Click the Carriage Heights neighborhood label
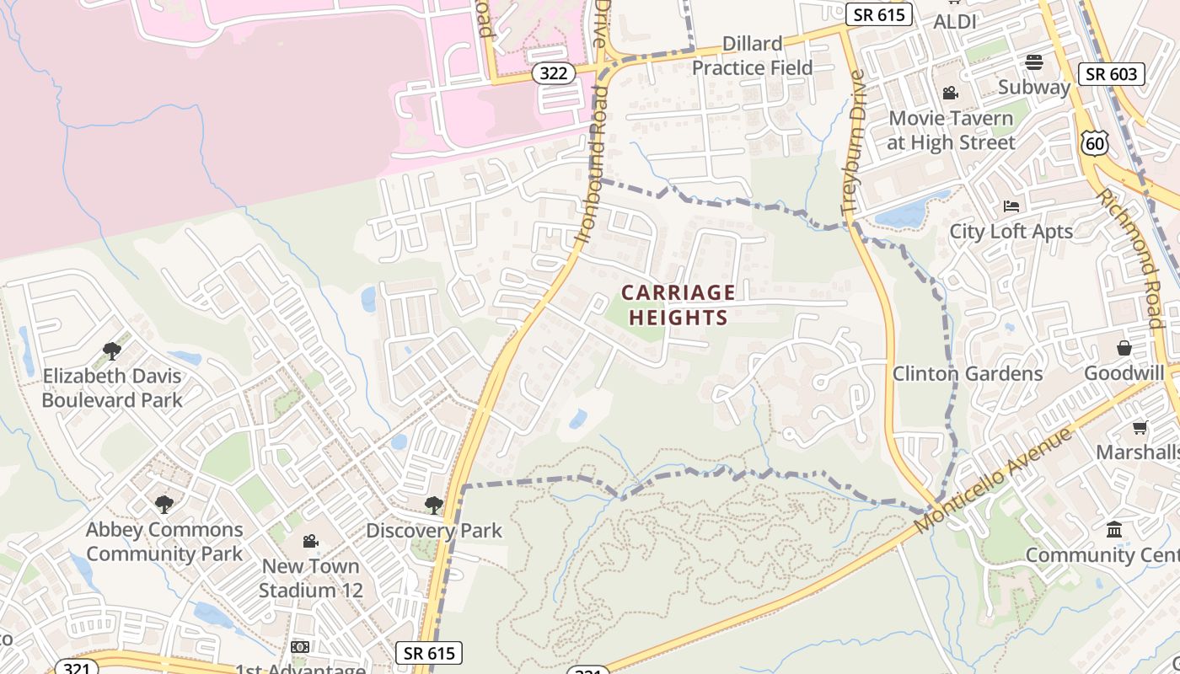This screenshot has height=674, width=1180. (x=678, y=305)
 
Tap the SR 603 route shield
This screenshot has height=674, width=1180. (x=1112, y=74)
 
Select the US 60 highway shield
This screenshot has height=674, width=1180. (x=1095, y=143)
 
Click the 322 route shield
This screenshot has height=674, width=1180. (x=553, y=73)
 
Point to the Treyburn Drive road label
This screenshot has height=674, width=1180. (x=853, y=143)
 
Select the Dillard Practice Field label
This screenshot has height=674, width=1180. (x=752, y=56)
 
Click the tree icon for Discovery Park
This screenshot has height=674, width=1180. (x=434, y=505)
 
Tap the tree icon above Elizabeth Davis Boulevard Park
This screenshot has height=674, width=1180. (x=111, y=350)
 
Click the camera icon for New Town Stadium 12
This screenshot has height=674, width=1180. (x=310, y=541)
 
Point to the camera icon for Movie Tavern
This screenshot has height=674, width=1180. (x=951, y=93)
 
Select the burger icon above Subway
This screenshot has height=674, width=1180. (x=1034, y=62)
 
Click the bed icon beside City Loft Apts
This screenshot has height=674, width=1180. (x=1011, y=206)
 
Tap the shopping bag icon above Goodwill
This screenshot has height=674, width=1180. (x=1124, y=348)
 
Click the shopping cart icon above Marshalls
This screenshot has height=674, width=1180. (x=1140, y=428)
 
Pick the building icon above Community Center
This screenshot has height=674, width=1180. (x=1114, y=530)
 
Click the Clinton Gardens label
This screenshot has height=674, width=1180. (x=968, y=373)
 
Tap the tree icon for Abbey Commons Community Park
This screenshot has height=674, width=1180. (x=164, y=505)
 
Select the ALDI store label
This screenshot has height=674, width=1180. (x=955, y=22)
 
